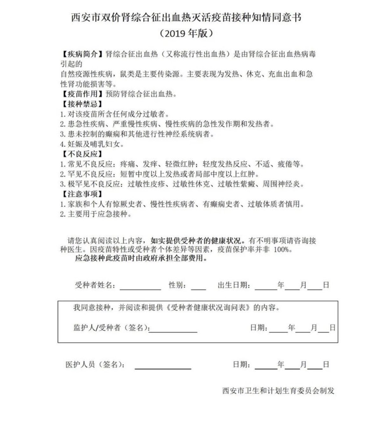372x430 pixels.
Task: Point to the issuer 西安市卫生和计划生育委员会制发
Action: click(x=279, y=391)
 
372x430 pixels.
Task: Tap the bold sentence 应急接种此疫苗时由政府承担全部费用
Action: click(x=141, y=258)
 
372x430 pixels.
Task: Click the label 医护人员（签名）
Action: click(x=95, y=365)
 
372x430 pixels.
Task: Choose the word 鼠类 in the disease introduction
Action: click(x=128, y=74)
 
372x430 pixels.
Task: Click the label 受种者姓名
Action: click(x=95, y=285)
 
